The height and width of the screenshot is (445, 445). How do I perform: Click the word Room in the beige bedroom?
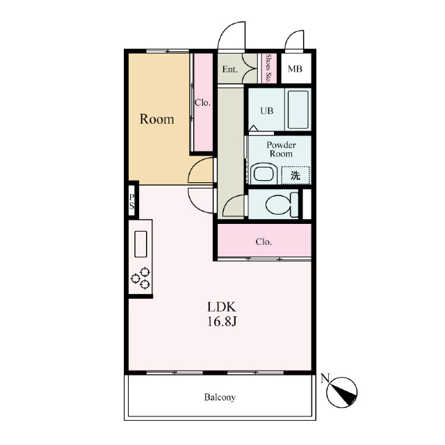pyautogui.click(x=156, y=119)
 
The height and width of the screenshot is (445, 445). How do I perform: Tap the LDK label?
pyautogui.click(x=222, y=307)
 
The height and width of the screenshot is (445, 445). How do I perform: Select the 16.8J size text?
pyautogui.click(x=222, y=321)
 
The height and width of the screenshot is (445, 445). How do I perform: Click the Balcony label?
pyautogui.click(x=220, y=397)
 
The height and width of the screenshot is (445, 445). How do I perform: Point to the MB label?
pyautogui.click(x=295, y=69)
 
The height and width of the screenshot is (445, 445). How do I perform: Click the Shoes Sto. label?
pyautogui.click(x=268, y=69)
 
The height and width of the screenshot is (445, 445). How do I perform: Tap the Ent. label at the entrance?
pyautogui.click(x=230, y=70)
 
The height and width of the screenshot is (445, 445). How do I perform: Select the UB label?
pyautogui.click(x=267, y=111)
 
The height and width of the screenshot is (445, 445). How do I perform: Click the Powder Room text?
pyautogui.click(x=281, y=149)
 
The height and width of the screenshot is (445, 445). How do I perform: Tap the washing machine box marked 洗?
pyautogui.click(x=296, y=175)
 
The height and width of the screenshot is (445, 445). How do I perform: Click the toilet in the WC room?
pyautogui.click(x=282, y=204)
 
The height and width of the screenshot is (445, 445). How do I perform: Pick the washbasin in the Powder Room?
pyautogui.click(x=264, y=173)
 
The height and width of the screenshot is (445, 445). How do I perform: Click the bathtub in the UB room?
pyautogui.click(x=298, y=110)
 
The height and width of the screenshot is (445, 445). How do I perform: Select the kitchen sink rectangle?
pyautogui.click(x=140, y=244)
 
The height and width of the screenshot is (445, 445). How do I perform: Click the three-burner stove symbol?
pyautogui.click(x=140, y=278)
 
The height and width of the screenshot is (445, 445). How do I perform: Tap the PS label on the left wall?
pyautogui.click(x=131, y=202)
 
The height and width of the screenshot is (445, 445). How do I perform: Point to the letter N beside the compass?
pyautogui.click(x=325, y=378)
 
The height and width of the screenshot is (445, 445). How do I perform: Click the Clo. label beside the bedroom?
pyautogui.click(x=202, y=102)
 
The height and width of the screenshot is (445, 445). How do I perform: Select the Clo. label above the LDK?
pyautogui.click(x=264, y=242)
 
